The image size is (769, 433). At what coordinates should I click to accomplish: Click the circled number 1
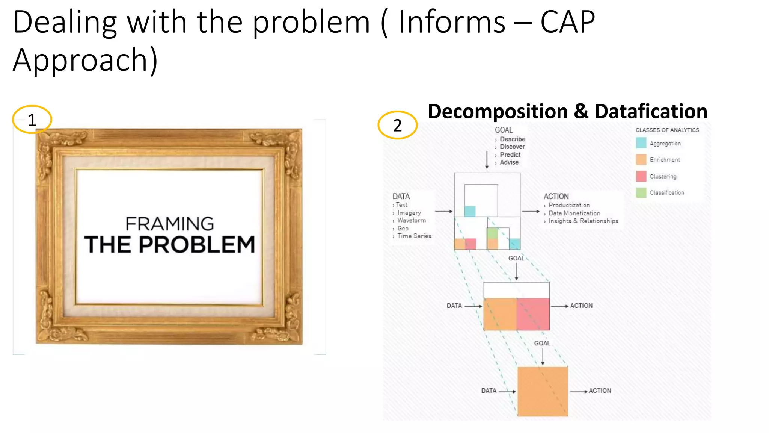[x=32, y=120]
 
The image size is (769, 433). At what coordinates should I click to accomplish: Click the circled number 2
[x=397, y=125]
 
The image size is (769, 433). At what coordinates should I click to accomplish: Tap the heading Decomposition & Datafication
[x=567, y=112]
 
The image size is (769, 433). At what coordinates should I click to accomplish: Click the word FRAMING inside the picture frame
[x=169, y=224]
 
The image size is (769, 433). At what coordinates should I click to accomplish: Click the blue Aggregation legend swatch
[x=641, y=143]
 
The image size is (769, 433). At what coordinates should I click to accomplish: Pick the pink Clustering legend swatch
[x=641, y=176]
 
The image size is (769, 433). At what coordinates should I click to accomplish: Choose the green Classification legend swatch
[x=641, y=192]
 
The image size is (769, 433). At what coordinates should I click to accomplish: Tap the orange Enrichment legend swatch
[x=641, y=159]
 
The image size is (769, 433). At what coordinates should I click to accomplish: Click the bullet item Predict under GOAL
[x=510, y=154]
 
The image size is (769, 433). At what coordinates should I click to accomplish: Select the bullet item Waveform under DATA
[x=411, y=220]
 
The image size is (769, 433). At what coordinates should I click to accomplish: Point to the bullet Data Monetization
[x=574, y=213]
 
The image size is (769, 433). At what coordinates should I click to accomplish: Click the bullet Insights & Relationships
[x=583, y=221]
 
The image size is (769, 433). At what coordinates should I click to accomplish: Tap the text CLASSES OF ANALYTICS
[x=667, y=130]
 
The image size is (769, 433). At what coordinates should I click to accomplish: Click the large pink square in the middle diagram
[x=533, y=314]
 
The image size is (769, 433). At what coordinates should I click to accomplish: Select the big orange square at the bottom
[x=543, y=391]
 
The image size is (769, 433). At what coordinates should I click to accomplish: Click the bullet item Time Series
[x=414, y=236]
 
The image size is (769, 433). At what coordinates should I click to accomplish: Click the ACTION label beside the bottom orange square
[x=600, y=391]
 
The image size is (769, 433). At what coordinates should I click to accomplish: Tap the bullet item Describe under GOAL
[x=512, y=139]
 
